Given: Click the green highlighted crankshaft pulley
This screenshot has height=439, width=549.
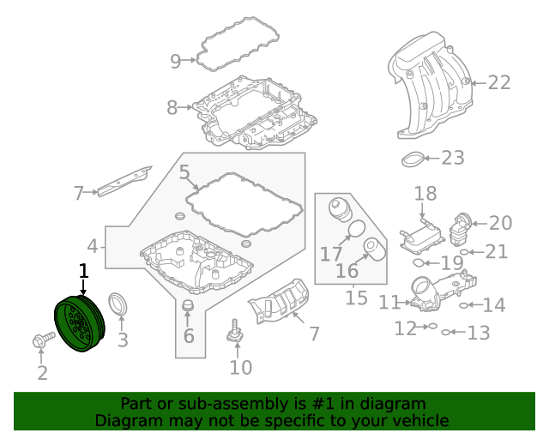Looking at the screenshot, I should click(78, 324).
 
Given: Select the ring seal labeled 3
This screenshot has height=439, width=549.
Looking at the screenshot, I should click(118, 306).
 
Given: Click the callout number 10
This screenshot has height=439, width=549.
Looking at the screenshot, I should click(241, 368).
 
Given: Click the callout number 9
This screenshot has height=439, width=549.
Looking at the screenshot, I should click(176, 61).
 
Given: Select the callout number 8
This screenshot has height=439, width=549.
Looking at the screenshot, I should click(172, 108).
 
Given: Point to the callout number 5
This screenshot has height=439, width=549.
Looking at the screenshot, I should click(184, 173).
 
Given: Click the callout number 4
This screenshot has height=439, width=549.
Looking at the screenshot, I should click(93, 248).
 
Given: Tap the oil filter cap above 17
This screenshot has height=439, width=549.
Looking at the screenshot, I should click(340, 211).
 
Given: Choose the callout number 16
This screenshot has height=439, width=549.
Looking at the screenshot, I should click(347, 272).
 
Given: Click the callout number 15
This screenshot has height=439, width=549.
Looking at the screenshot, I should click(356, 298).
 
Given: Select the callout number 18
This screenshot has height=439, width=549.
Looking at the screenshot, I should click(425, 194).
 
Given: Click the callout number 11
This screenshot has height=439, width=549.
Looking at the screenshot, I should click(389, 302).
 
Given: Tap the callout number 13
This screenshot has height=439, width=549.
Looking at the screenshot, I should click(478, 333).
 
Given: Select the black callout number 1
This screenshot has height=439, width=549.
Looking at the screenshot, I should click(83, 272).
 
